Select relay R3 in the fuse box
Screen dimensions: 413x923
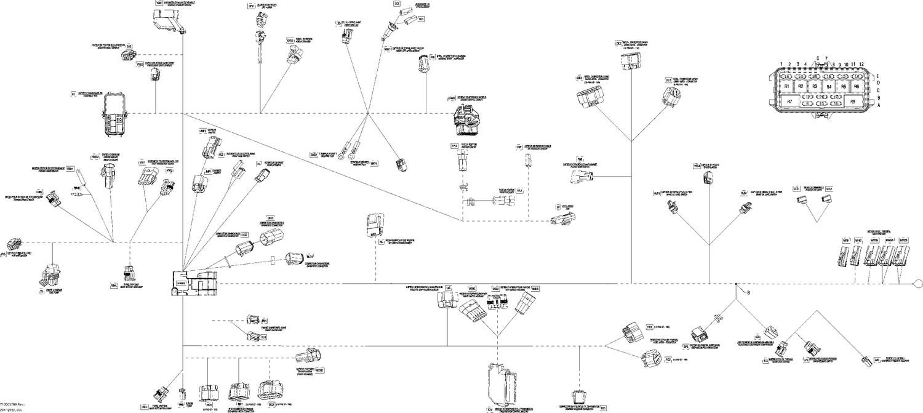pyautogui.click(x=815, y=87)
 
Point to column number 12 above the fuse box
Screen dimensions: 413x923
pyautogui.click(x=861, y=64)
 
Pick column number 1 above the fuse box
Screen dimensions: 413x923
pyautogui.click(x=781, y=64)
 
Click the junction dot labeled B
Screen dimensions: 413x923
pyautogui.click(x=736, y=284)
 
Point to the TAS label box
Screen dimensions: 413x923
pyautogui.click(x=448, y=287)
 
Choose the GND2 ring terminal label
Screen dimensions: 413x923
pyautogui.click(x=314, y=154)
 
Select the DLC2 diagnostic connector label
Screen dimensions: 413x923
pyautogui.click(x=244, y=235)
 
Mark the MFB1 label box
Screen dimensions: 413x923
pyautogui.click(x=845, y=240)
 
